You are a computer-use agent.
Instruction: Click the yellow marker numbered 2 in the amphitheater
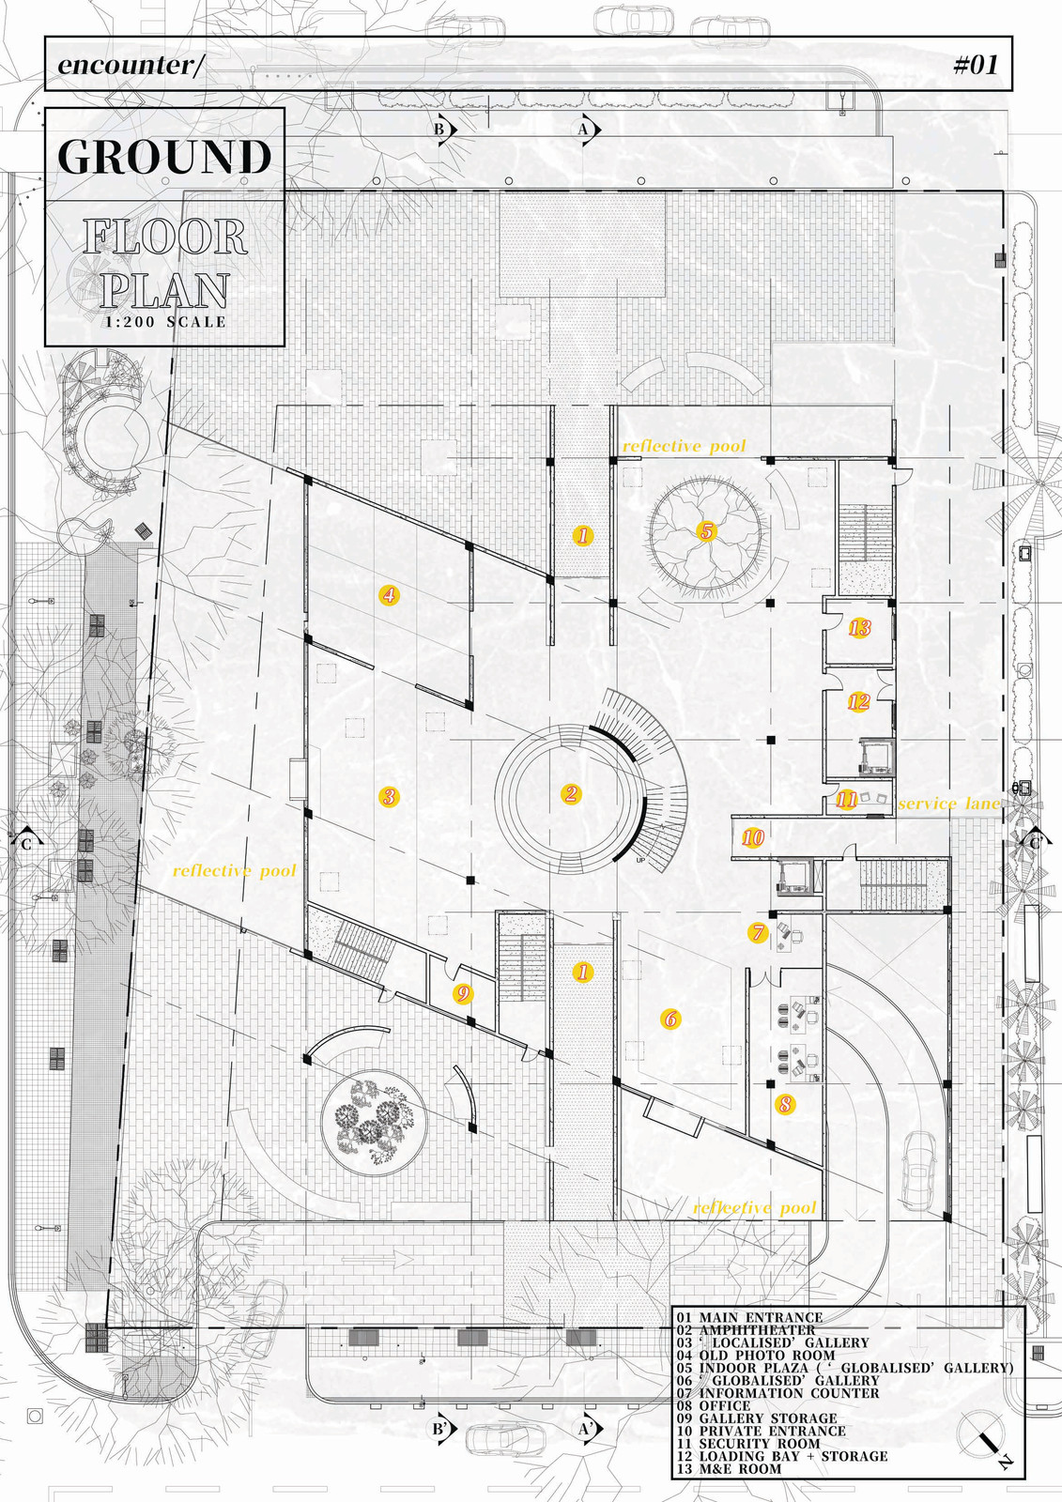coord(571,794)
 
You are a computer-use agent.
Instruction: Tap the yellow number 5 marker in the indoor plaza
coord(706,532)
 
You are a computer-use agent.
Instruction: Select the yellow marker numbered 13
coord(859,628)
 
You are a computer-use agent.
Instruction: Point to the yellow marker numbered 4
coord(389,594)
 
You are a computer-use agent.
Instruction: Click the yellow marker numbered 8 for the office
coord(785,1105)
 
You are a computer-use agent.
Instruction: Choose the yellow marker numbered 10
coord(753,837)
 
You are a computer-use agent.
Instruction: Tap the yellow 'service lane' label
coord(948,804)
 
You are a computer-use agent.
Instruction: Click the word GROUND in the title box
coord(164,157)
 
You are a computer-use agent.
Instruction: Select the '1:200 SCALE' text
coord(165,322)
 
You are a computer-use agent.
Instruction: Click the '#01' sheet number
coord(975,64)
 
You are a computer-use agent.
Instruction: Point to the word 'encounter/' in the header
coord(130,65)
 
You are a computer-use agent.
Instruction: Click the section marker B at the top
coord(441,130)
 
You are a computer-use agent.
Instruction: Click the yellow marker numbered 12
coord(858,701)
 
